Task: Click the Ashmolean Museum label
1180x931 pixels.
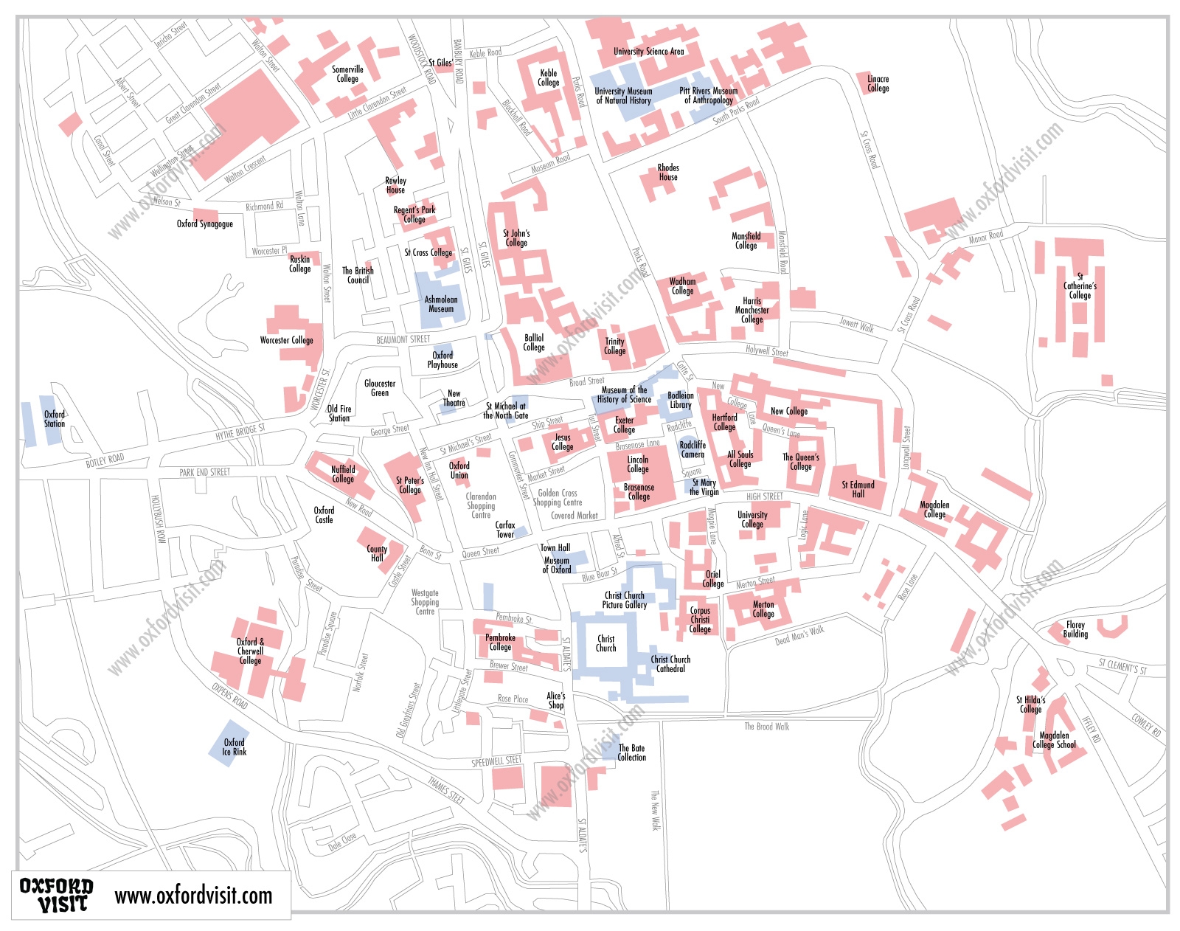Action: pyautogui.click(x=441, y=304)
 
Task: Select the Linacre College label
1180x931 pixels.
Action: pyautogui.click(x=878, y=83)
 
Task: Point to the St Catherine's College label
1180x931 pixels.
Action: pyautogui.click(x=1080, y=286)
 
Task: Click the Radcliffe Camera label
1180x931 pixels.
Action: pyautogui.click(x=693, y=449)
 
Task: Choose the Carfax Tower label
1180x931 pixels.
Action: pyautogui.click(x=505, y=530)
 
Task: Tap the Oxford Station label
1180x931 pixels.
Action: pyautogui.click(x=55, y=419)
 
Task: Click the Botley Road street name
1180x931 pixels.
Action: pyautogui.click(x=105, y=460)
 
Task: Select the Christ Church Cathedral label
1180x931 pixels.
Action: pyautogui.click(x=670, y=664)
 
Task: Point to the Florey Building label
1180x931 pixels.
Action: pyautogui.click(x=1075, y=629)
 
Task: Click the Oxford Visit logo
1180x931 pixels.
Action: pyautogui.click(x=57, y=895)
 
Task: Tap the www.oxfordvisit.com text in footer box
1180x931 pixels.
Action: pyautogui.click(x=193, y=896)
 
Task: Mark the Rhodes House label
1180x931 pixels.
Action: pyautogui.click(x=668, y=173)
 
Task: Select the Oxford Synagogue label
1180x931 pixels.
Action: pyautogui.click(x=204, y=224)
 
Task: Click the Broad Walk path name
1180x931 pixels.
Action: pyautogui.click(x=766, y=727)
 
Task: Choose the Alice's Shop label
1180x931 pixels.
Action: pyautogui.click(x=556, y=700)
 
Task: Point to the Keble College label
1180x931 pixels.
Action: pyautogui.click(x=549, y=77)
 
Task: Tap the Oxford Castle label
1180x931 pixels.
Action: pyautogui.click(x=324, y=515)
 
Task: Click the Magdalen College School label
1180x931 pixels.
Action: pyautogui.click(x=1054, y=740)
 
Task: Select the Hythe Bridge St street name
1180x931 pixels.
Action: pyautogui.click(x=240, y=432)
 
